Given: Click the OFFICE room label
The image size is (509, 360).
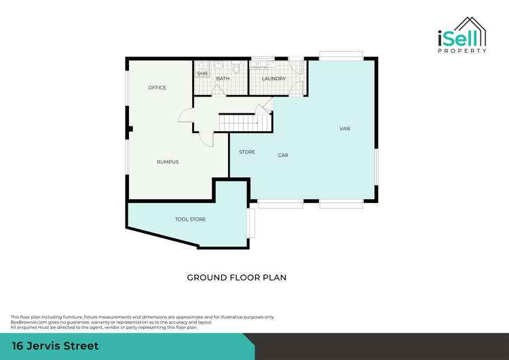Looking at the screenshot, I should click(157, 88).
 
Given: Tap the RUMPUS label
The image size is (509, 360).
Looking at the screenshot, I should click(168, 162).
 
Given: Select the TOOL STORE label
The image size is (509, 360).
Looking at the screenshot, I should click(190, 219).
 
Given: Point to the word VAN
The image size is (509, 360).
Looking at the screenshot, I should click(345, 128).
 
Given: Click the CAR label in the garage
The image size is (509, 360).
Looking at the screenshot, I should click(283, 156).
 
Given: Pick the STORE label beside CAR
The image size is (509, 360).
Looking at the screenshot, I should click(247, 152).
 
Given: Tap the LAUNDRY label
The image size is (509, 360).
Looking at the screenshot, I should click(274, 79).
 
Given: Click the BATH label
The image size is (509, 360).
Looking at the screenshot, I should click(223, 79).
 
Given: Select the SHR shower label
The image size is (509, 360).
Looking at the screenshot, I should click(202, 73).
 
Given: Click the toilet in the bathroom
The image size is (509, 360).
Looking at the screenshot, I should click(235, 68).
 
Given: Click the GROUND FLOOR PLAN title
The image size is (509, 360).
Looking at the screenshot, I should click(237, 278).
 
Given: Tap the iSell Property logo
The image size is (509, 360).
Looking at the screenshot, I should click(461, 35).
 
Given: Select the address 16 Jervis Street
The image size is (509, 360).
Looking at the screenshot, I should click(55, 346).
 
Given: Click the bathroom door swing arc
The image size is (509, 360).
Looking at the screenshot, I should click(219, 92).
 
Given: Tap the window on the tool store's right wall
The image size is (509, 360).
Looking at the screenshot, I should click(250, 223).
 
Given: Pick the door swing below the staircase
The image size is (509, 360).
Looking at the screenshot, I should click(206, 139).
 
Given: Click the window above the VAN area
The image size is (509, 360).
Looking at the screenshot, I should click(341, 56).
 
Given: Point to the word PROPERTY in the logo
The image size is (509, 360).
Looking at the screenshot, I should click(461, 51).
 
